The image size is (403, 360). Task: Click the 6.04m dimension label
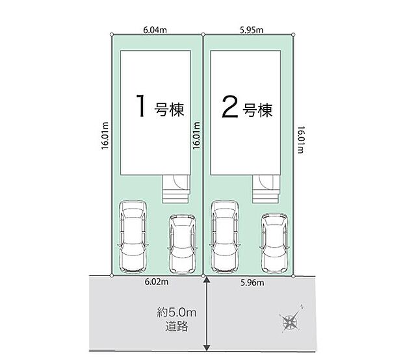coord(155,30)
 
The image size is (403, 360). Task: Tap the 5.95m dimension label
coord(252,30)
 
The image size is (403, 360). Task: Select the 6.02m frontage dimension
coord(157,281)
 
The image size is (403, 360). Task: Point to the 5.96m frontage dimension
coord(252,283)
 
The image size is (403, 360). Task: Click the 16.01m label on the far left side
coord(105,136)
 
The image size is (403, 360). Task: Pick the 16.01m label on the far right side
coord(301,140)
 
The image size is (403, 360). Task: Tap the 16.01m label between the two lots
coord(196,136)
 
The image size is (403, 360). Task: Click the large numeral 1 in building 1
coord(141,106)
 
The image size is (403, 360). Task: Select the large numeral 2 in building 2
coord(230,107)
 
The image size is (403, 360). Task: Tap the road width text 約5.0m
coord(177,313)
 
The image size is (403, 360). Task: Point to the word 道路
coord(177,327)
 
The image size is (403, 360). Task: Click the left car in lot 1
coord(133,237)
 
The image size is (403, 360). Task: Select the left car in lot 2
coord(225,237)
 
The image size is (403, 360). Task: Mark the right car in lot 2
coord(274,243)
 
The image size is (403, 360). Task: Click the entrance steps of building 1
coord(176,189)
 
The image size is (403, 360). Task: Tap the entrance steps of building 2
coord(266,189)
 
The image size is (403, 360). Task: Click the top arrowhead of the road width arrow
coord(207,279)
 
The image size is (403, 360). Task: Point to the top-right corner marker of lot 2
coord(294,34)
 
